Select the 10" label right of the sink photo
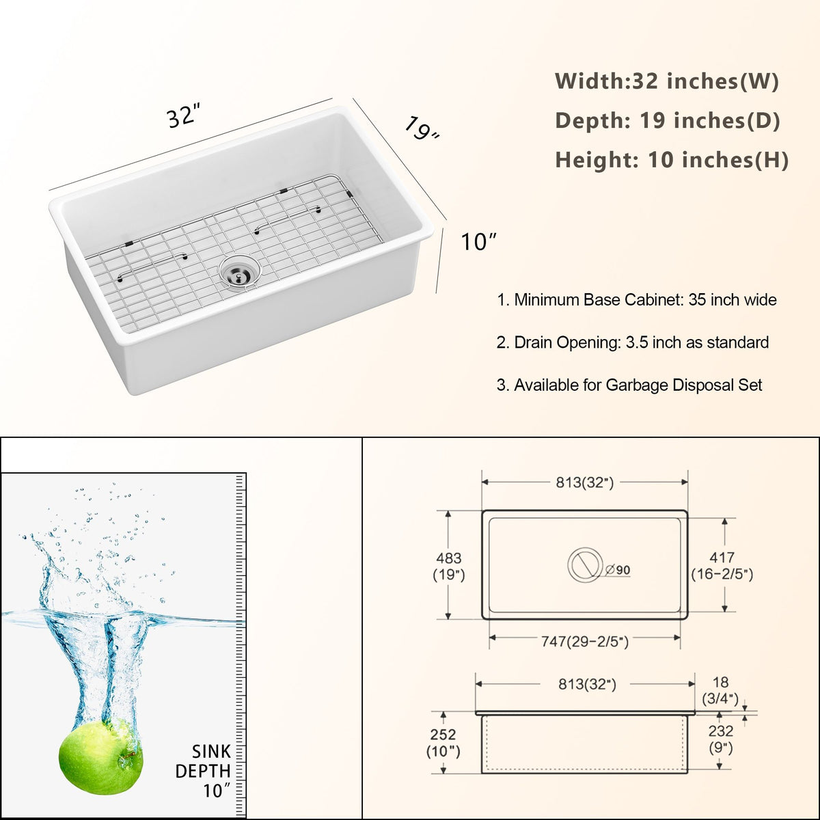coord(479,242)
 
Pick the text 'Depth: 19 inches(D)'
coord(668,120)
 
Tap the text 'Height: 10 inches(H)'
coord(672,160)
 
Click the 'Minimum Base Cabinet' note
coord(637,300)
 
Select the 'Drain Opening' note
coord(633,342)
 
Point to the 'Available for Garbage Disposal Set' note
coord(629,385)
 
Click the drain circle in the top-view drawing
coord(585,564)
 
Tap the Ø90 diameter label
coord(618,570)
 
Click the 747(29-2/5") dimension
coord(585,641)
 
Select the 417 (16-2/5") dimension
coord(722,566)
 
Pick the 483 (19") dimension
coord(449,566)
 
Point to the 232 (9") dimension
coord(720,739)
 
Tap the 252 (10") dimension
coord(443,743)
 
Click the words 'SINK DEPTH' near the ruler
coord(203,761)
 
